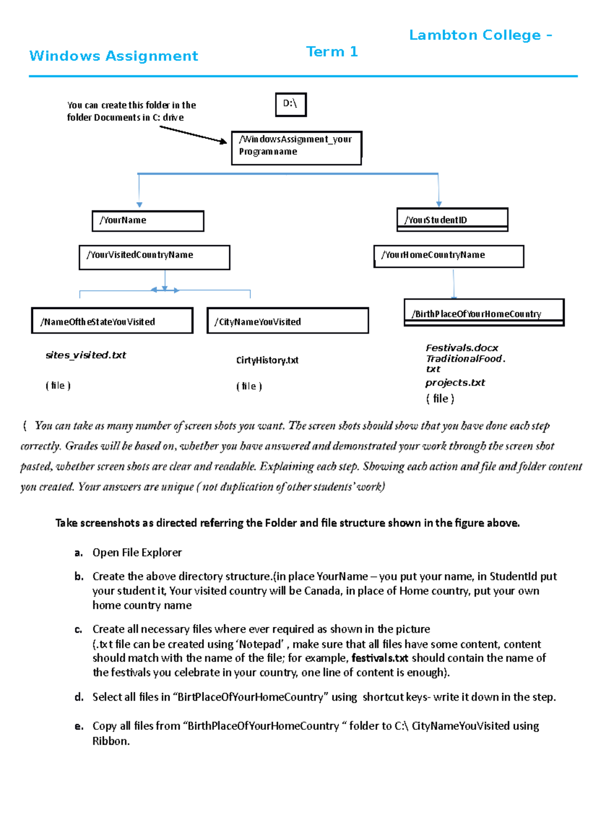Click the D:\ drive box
pos(291,104)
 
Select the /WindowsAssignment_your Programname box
pos(296,148)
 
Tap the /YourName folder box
pos(148,221)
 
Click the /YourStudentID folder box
pos(452,220)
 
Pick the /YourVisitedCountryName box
pos(154,257)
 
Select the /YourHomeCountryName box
pos(449,256)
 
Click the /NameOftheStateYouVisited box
pos(112,321)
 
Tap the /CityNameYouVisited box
pos(288,321)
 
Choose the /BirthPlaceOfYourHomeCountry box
pos(484,312)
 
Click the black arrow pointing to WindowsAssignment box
pos(193,135)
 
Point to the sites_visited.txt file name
pos(85,355)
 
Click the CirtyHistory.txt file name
pos(267,360)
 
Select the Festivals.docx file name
pos(462,348)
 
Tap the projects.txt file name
pos(455,382)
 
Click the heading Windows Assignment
pos(114,56)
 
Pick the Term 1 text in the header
pos(332,52)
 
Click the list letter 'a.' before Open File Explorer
pos(78,553)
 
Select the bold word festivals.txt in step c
pos(380,658)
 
